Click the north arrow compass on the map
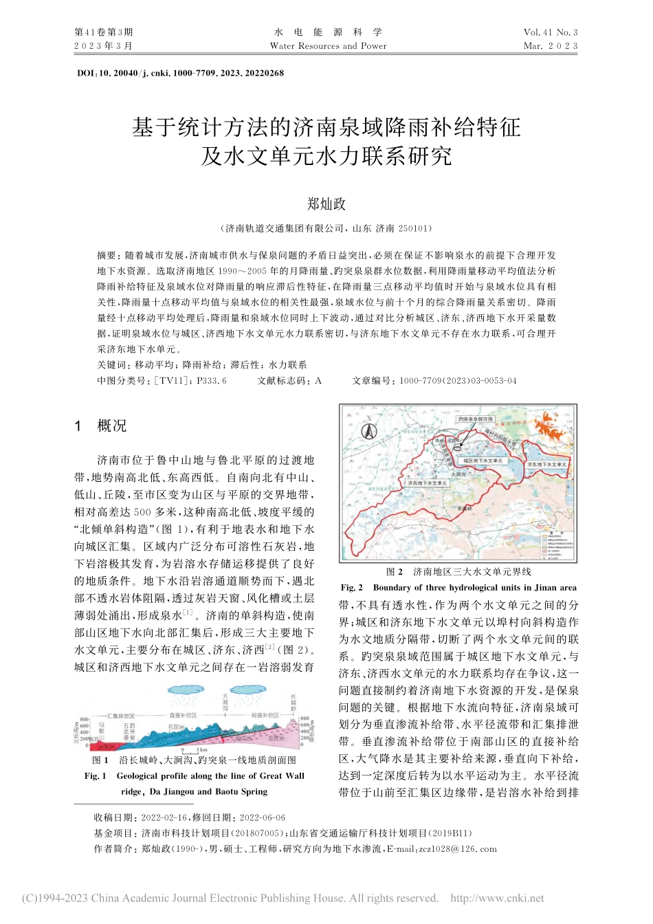click(x=368, y=431)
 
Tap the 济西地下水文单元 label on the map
click(x=427, y=483)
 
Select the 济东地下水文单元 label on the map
click(x=547, y=465)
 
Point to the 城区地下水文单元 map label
click(x=483, y=461)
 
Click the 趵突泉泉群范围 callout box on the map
click(x=476, y=419)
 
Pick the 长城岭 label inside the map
click(x=465, y=509)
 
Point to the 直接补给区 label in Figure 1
click(x=183, y=715)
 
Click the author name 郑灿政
click(x=326, y=204)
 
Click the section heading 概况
click(x=112, y=426)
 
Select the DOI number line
click(x=181, y=73)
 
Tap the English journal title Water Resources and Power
click(x=328, y=46)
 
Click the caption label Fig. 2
click(x=352, y=588)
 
